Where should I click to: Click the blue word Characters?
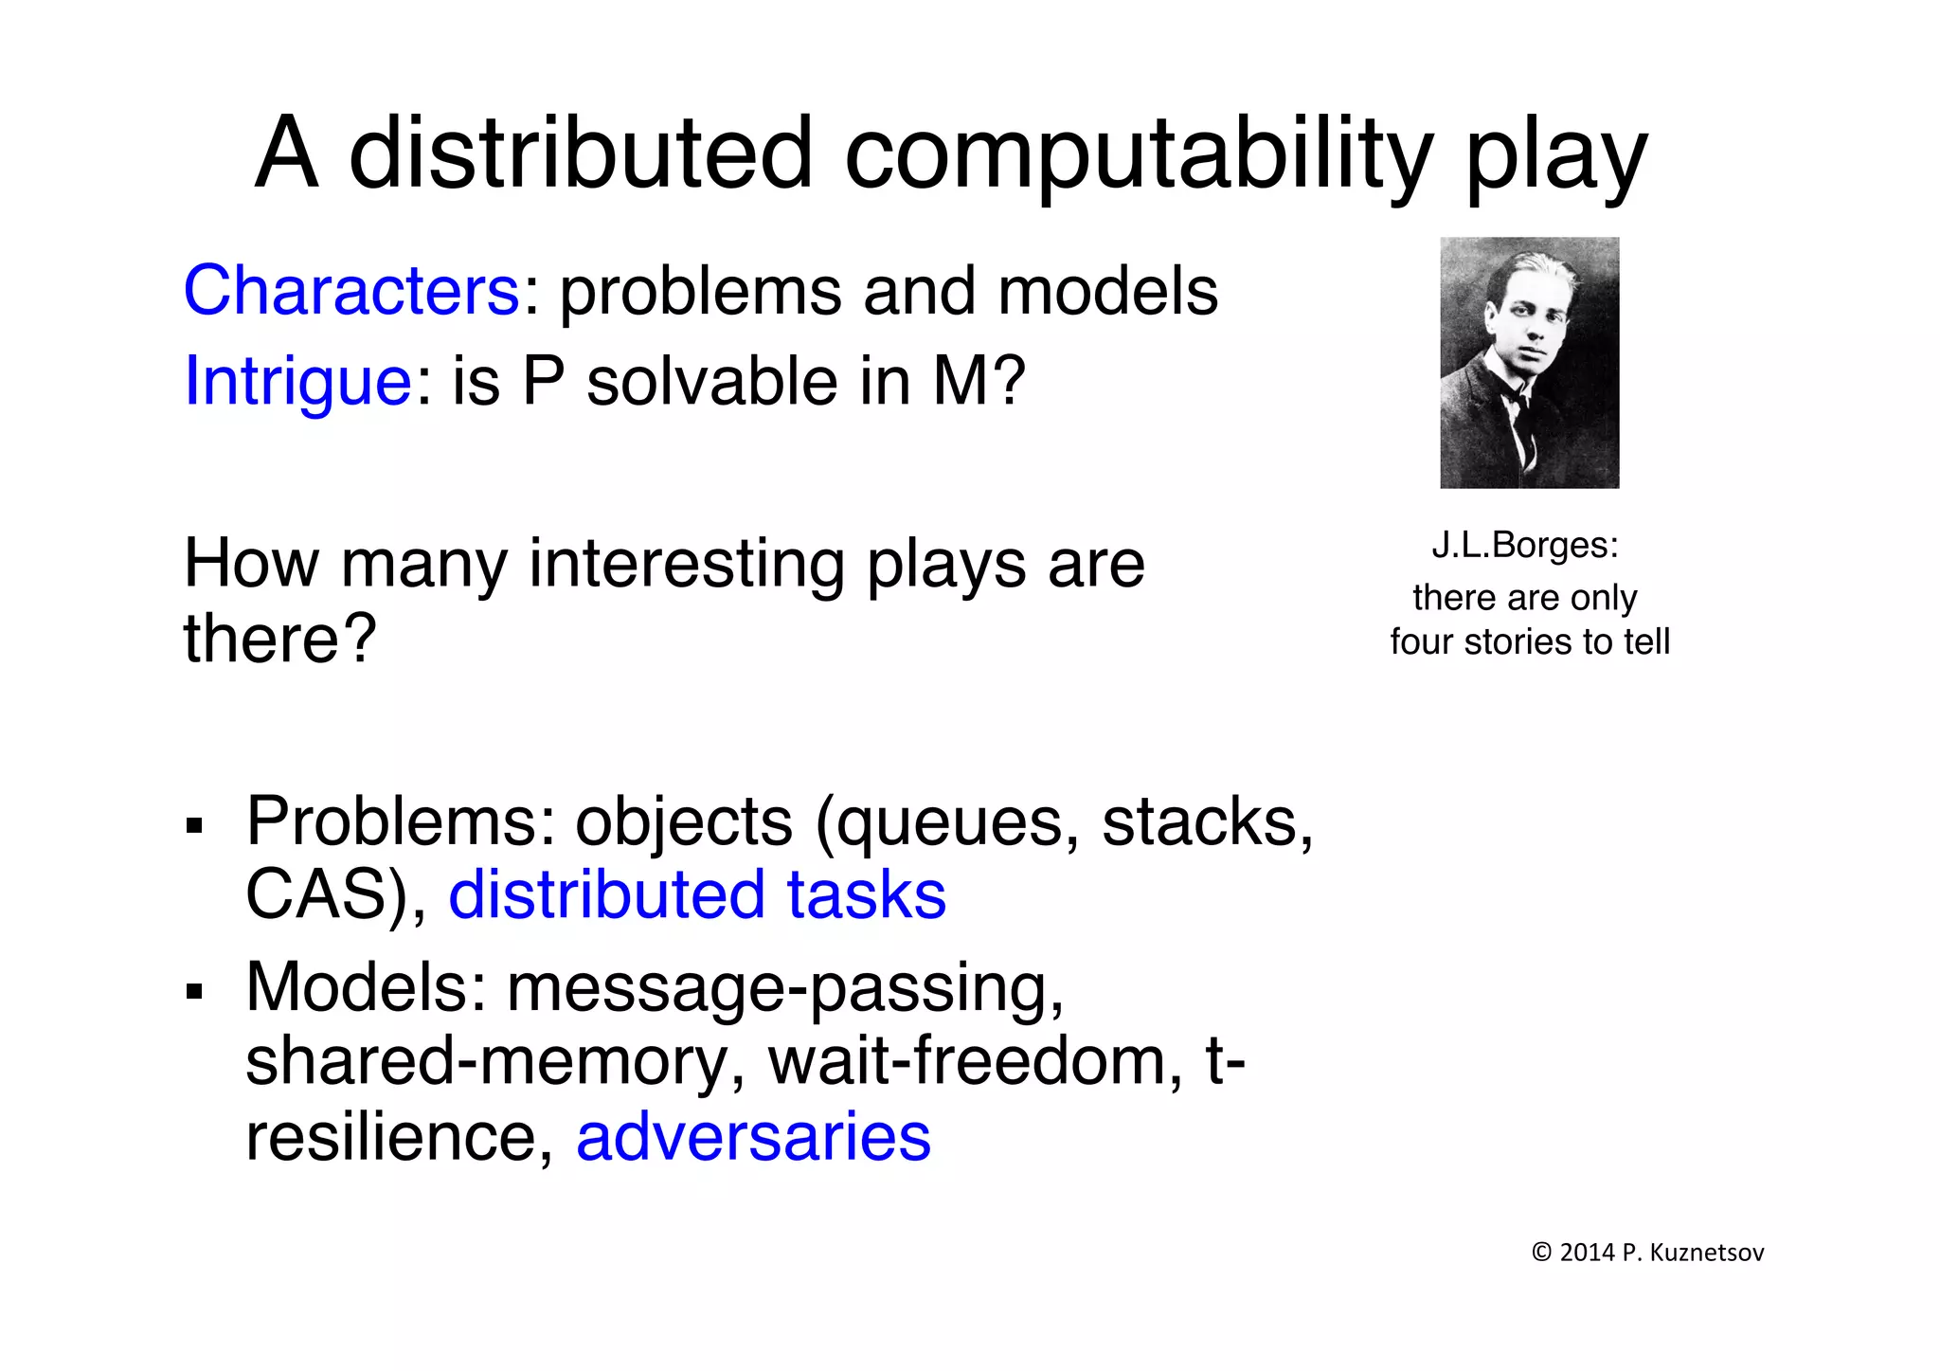[351, 291]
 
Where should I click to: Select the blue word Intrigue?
[297, 382]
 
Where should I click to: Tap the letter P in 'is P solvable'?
[543, 382]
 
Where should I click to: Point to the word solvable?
[712, 382]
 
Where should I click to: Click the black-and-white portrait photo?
[1529, 363]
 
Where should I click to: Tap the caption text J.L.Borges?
[1525, 546]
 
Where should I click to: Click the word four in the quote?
[1422, 642]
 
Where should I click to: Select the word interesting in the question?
[686, 564]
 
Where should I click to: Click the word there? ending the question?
[280, 639]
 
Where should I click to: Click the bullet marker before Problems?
[195, 825]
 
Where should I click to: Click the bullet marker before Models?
[195, 992]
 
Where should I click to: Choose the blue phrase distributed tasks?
[697, 895]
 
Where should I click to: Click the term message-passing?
[784, 988]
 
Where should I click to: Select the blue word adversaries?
[753, 1137]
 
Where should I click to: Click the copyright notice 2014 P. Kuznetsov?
[1647, 1253]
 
